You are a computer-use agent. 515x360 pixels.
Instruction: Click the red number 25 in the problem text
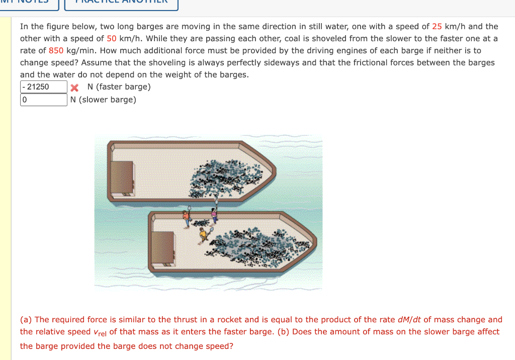pyautogui.click(x=437, y=26)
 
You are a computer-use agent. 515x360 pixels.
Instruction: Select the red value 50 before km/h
pyautogui.click(x=112, y=38)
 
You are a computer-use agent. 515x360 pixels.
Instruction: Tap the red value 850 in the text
pyautogui.click(x=56, y=50)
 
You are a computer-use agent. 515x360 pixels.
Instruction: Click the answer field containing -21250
pyautogui.click(x=44, y=87)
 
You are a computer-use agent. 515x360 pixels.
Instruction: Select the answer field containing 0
pyautogui.click(x=44, y=100)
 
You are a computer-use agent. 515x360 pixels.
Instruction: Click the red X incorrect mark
pyautogui.click(x=75, y=87)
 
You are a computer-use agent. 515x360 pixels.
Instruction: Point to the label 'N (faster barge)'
pyautogui.click(x=119, y=87)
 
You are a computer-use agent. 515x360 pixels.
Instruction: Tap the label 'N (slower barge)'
pyautogui.click(x=103, y=100)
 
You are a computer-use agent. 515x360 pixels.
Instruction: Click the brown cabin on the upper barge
pyautogui.click(x=122, y=178)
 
